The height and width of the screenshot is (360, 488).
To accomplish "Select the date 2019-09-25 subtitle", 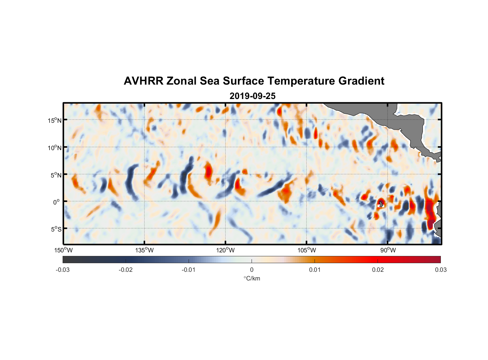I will click(x=252, y=96).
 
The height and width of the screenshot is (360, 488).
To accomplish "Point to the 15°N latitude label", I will click(x=55, y=120).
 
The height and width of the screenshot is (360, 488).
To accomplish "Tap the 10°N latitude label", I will click(x=55, y=148).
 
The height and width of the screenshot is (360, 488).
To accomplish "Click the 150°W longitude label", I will click(x=63, y=250).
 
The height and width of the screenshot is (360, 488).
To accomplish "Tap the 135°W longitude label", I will click(x=144, y=250).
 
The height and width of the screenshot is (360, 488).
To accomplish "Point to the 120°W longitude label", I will click(x=225, y=250).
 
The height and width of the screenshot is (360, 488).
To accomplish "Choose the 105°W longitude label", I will click(x=307, y=250).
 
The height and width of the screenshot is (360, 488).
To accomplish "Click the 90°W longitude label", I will click(x=388, y=250).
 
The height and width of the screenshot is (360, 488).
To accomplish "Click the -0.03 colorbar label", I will click(x=63, y=270).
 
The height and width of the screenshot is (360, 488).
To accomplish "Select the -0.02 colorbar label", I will click(x=126, y=270).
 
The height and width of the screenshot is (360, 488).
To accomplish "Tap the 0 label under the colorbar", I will click(x=252, y=270).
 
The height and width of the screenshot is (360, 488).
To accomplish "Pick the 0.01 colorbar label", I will click(x=315, y=270).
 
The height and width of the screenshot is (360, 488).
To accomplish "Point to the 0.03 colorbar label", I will click(x=440, y=270).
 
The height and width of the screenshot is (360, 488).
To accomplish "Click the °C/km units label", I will click(x=252, y=278).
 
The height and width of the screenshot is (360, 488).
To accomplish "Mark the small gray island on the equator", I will click(x=381, y=204).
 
